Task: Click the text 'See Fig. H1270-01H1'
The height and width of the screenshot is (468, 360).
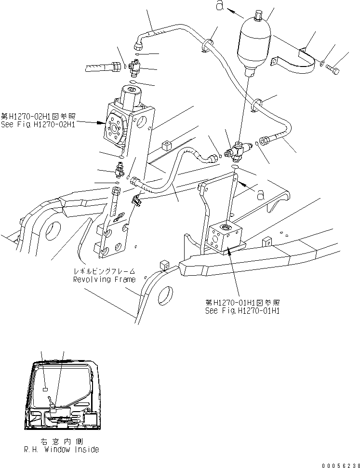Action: pos(242,310)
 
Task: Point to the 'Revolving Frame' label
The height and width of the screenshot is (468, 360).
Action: pos(104,279)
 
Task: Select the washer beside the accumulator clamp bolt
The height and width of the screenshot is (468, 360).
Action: pos(321,63)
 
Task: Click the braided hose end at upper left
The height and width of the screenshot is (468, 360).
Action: pos(101,67)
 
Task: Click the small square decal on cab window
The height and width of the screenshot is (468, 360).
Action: pos(45,388)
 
